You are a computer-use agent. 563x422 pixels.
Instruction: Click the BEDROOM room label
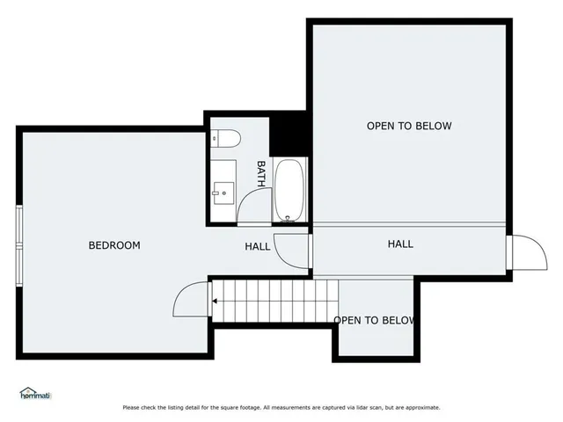pyautogui.click(x=114, y=245)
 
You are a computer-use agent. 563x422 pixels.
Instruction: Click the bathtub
pyautogui.click(x=289, y=190)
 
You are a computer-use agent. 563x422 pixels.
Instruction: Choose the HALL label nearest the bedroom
pyautogui.click(x=257, y=246)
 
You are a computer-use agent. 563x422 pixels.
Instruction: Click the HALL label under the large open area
pyautogui.click(x=400, y=244)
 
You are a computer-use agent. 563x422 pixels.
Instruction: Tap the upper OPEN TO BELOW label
pyautogui.click(x=409, y=126)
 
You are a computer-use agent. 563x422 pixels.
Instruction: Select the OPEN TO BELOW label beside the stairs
pyautogui.click(x=374, y=320)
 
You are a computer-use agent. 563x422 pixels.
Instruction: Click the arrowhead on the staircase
pyautogui.click(x=215, y=302)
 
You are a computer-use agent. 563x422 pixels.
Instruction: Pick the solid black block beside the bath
pyautogui.click(x=287, y=135)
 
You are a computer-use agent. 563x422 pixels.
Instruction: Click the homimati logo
pyautogui.click(x=36, y=393)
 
